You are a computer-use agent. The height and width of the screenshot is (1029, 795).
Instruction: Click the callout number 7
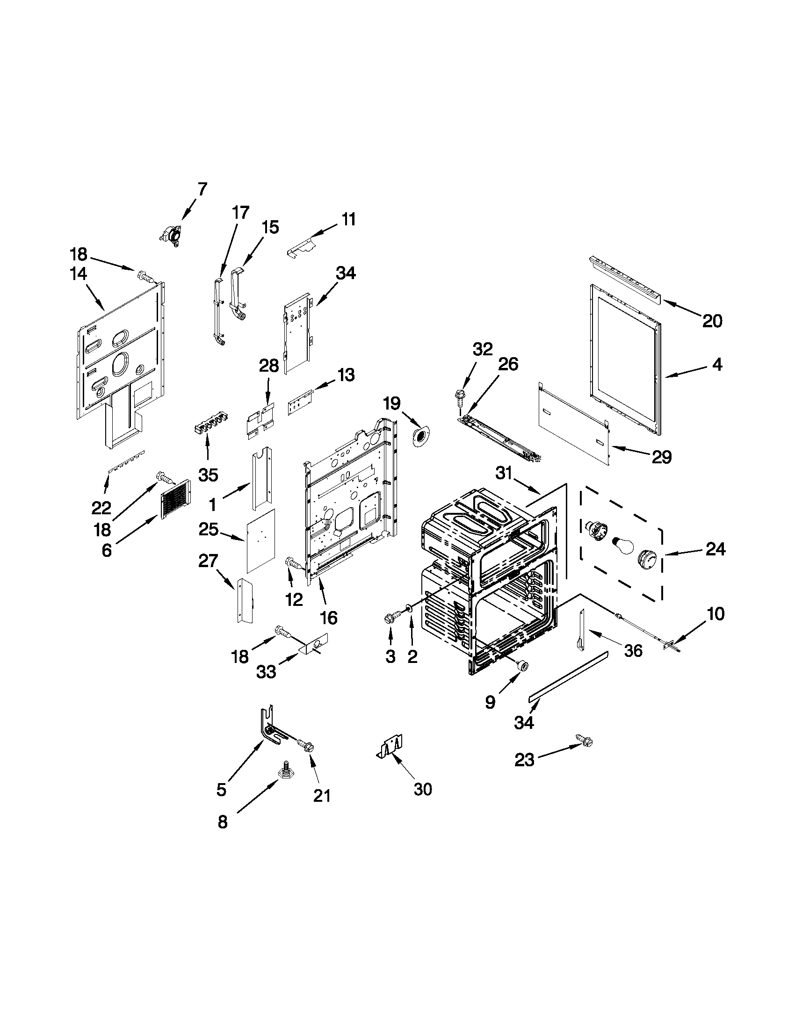(202, 189)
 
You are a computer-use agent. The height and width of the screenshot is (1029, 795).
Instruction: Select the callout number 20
(712, 321)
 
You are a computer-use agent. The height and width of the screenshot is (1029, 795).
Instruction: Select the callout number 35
(208, 475)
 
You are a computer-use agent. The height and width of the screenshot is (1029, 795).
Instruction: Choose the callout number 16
(328, 617)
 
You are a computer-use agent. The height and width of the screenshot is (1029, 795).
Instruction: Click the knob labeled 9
(522, 665)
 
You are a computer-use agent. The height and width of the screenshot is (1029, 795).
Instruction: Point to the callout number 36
(633, 651)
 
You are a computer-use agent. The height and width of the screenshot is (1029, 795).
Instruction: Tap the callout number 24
(715, 549)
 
